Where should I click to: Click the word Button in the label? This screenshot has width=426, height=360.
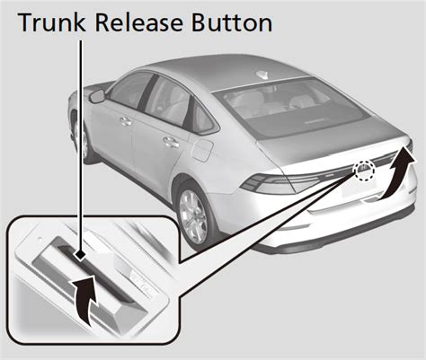[229, 22]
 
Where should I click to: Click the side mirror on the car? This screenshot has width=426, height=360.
[96, 95]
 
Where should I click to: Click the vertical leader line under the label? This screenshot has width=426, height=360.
[83, 135]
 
